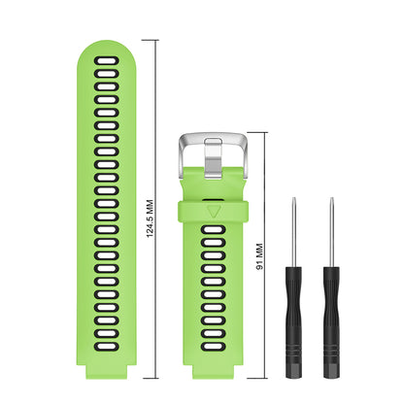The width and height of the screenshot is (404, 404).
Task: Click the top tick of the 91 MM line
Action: [259, 131]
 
